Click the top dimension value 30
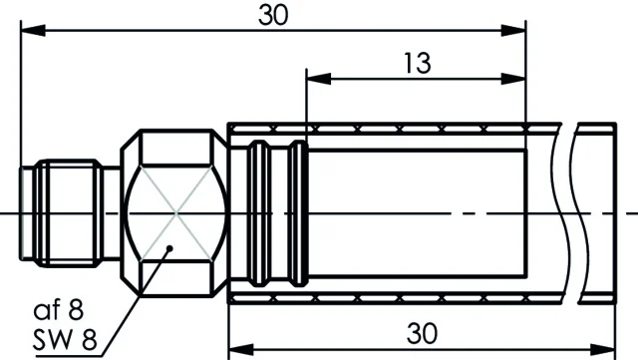[273, 15]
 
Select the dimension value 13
[417, 63]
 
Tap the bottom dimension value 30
[422, 333]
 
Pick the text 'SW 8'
[65, 339]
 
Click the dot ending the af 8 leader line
[170, 248]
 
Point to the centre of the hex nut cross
[176, 212]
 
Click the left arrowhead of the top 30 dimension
[33, 30]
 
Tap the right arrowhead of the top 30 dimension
[513, 30]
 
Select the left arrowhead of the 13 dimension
[319, 79]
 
